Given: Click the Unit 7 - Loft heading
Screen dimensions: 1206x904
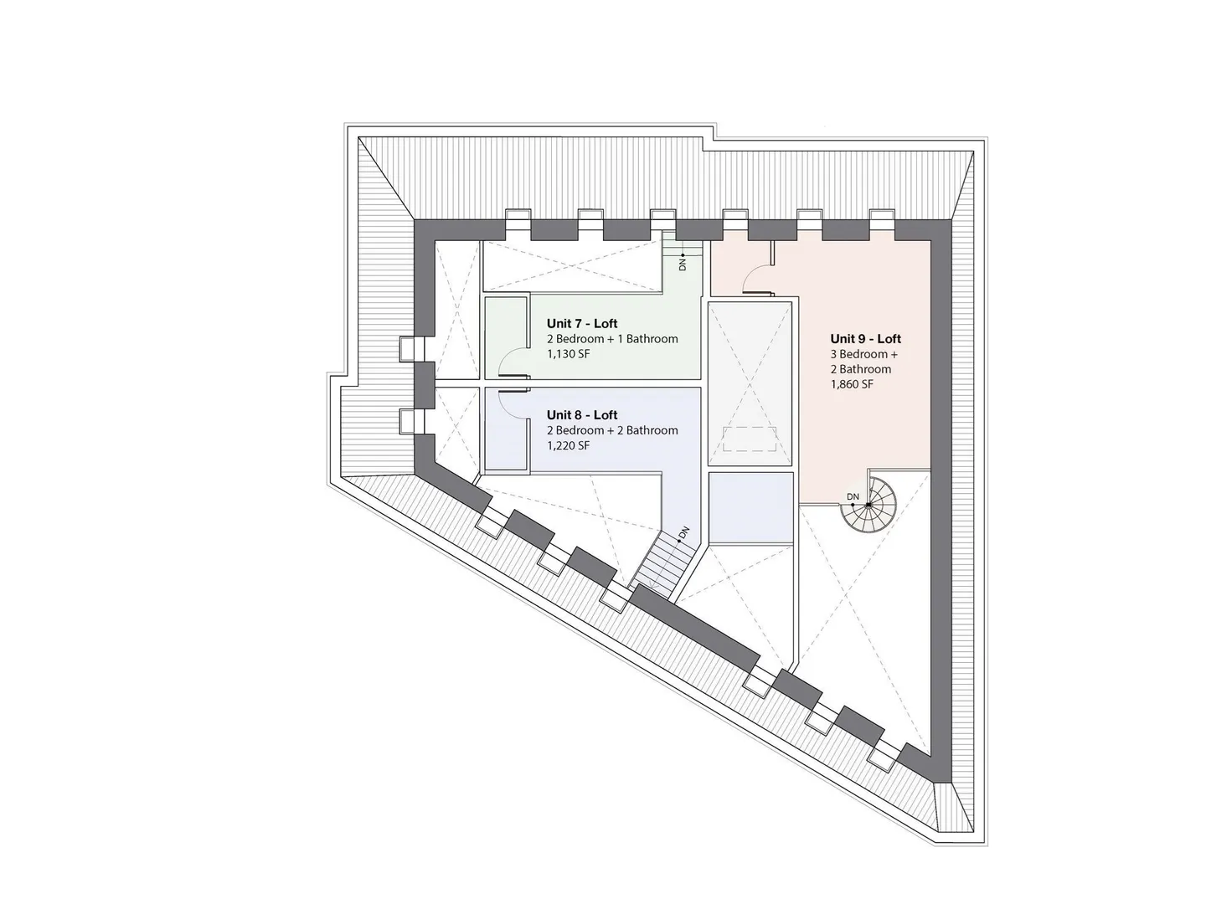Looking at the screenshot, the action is (x=582, y=323).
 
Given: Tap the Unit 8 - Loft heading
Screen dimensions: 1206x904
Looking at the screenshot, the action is (x=582, y=415).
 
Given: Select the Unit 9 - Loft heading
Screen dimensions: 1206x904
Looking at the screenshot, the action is (x=865, y=339).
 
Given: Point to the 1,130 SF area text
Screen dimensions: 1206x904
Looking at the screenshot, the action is (x=568, y=354).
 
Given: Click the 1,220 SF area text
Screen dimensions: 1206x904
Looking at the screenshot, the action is (x=568, y=445).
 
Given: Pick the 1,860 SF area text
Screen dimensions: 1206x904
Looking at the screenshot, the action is (x=852, y=384).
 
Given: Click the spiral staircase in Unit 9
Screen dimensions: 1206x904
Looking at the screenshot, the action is (x=868, y=505).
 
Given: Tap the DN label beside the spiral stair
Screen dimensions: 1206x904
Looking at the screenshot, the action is (x=853, y=496).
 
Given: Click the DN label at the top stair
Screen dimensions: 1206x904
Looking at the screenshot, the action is (x=683, y=265).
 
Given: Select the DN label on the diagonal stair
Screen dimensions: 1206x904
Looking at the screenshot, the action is (x=683, y=532).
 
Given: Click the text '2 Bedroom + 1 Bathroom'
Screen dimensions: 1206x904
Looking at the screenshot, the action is (x=612, y=339).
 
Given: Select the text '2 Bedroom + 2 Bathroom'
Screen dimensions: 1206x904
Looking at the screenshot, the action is (x=612, y=431).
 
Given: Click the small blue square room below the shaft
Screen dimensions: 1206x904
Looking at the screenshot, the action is (x=750, y=508).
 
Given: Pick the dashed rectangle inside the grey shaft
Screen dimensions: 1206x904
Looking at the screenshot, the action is (x=750, y=439).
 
